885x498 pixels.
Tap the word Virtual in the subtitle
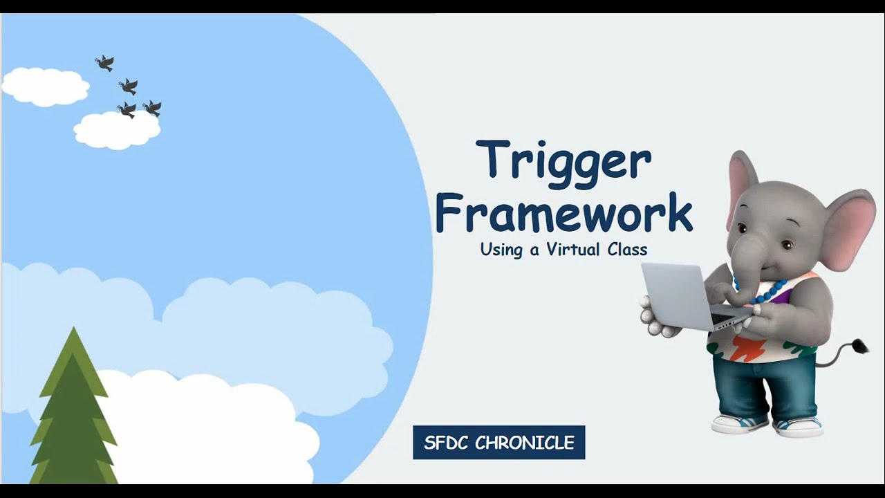click(573, 250)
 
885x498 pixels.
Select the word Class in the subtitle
click(627, 250)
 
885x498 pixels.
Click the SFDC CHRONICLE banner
click(499, 443)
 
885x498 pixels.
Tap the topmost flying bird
click(104, 64)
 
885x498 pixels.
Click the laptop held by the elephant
click(684, 297)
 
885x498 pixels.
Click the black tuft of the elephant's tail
click(861, 346)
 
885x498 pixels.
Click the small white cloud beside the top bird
click(46, 86)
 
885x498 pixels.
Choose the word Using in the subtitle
click(501, 250)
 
